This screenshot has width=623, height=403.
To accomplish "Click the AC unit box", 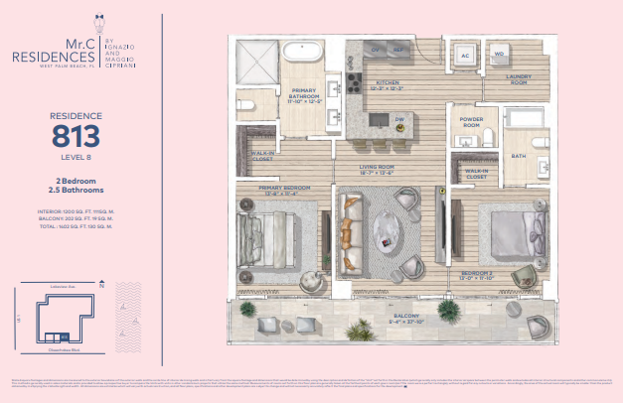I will click(x=465, y=57).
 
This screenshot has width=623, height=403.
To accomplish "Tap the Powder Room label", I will click(x=471, y=123).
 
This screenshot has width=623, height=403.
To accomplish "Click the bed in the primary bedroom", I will click(x=280, y=231).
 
